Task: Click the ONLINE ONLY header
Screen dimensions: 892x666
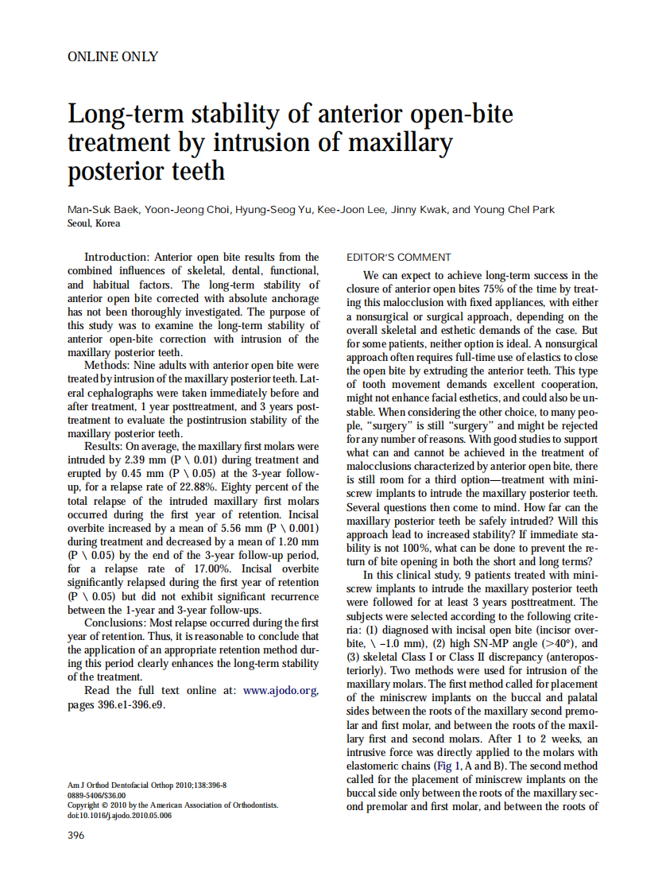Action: [x=112, y=56]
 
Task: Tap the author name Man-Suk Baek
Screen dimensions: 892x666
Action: [x=99, y=210]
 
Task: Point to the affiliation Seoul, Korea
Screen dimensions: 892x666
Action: [x=94, y=223]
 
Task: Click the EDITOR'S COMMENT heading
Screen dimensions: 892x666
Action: [x=398, y=257]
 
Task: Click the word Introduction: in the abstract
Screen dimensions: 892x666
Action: [x=117, y=257]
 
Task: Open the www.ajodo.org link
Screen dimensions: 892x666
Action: [x=281, y=691]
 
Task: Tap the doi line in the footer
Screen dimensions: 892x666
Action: [x=119, y=815]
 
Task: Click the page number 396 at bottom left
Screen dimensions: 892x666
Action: [x=76, y=835]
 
